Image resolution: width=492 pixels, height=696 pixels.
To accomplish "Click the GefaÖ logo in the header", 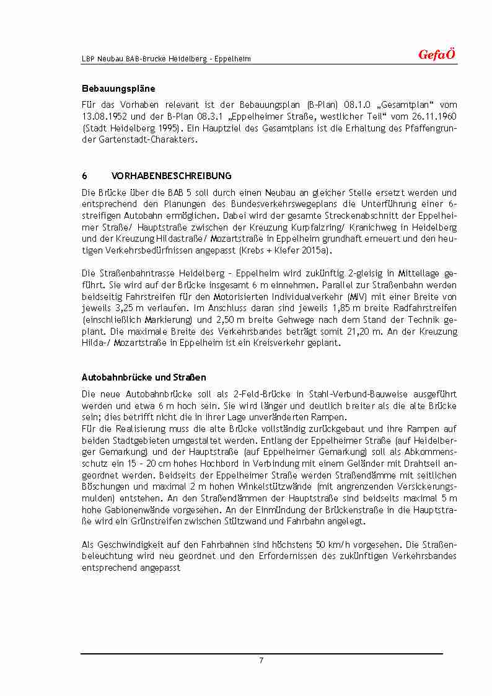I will pos(437,55).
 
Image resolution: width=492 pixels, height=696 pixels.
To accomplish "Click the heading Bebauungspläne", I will pos(118,89).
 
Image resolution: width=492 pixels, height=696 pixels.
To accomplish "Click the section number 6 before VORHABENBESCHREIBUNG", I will pos(84,176).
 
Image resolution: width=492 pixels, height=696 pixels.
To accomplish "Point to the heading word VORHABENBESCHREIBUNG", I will pos(171,176).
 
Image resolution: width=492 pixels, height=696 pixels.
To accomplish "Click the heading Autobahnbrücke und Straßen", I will pos(144,377).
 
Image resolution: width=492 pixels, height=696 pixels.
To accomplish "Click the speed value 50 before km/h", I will pos(321,545).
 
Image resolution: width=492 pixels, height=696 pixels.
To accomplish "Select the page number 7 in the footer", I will pos(261,661).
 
